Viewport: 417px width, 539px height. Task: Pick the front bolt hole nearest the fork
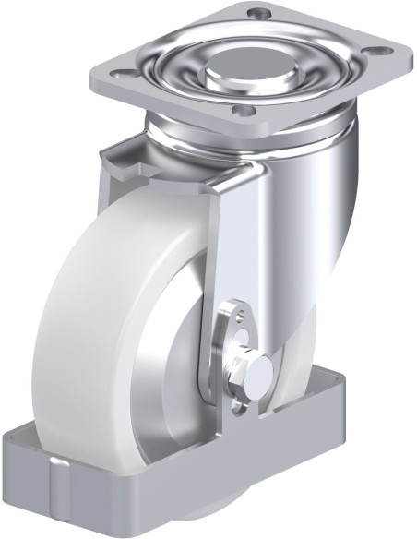[x=243, y=111]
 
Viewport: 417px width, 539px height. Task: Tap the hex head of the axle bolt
[x=258, y=372]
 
